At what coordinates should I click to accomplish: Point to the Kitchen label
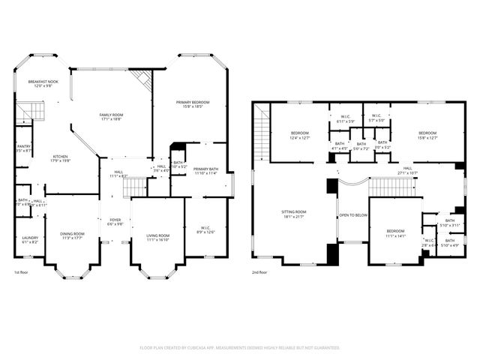[60, 157]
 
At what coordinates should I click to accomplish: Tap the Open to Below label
[352, 214]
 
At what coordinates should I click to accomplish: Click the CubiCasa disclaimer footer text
[240, 348]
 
